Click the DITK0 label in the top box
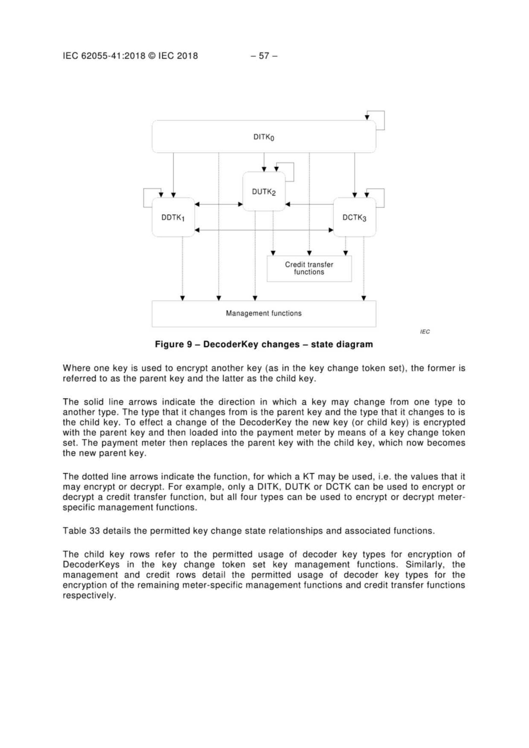pos(264,137)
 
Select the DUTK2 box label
pos(264,192)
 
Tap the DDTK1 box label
pos(173,218)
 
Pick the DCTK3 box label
pos(354,218)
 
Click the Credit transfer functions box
pos(309,268)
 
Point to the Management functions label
pos(264,313)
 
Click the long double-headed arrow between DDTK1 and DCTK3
pos(264,230)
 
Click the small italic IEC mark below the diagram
pos(425,332)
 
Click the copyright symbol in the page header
pos(152,56)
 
